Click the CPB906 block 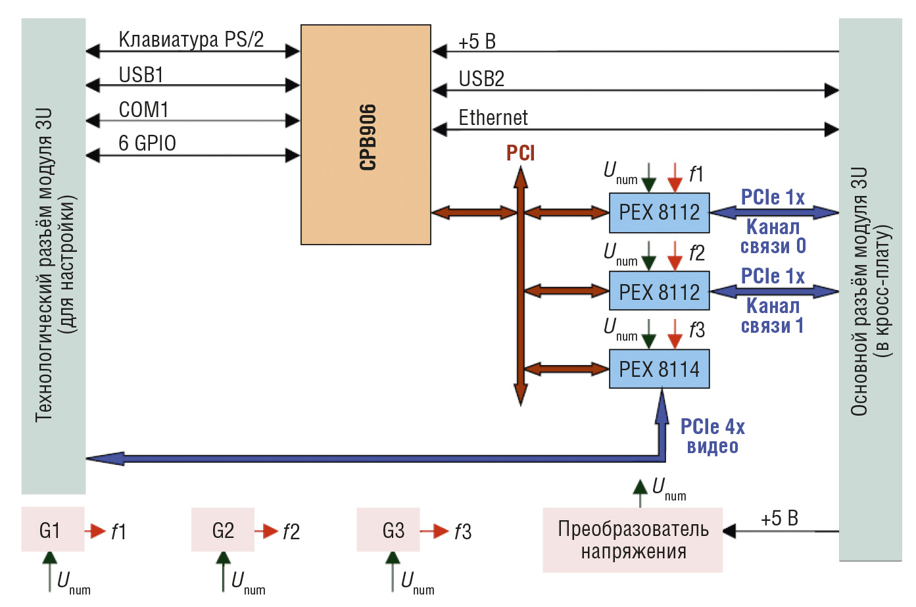tap(366, 135)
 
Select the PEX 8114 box tap(659, 369)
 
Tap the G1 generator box tap(53, 529)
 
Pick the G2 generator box tap(223, 530)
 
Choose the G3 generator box tap(388, 530)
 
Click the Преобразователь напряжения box tap(633, 540)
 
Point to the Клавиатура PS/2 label tap(191, 40)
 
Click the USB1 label tap(141, 75)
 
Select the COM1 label tap(143, 110)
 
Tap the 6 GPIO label tap(147, 143)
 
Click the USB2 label tap(481, 78)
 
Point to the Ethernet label tap(493, 118)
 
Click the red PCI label tap(520, 153)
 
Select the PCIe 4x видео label tap(712, 437)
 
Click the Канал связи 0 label tap(773, 236)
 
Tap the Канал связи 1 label tap(773, 316)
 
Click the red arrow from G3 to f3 tap(434, 531)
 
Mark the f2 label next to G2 tap(291, 532)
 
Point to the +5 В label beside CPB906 tap(477, 41)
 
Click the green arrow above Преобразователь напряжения tap(640, 493)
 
